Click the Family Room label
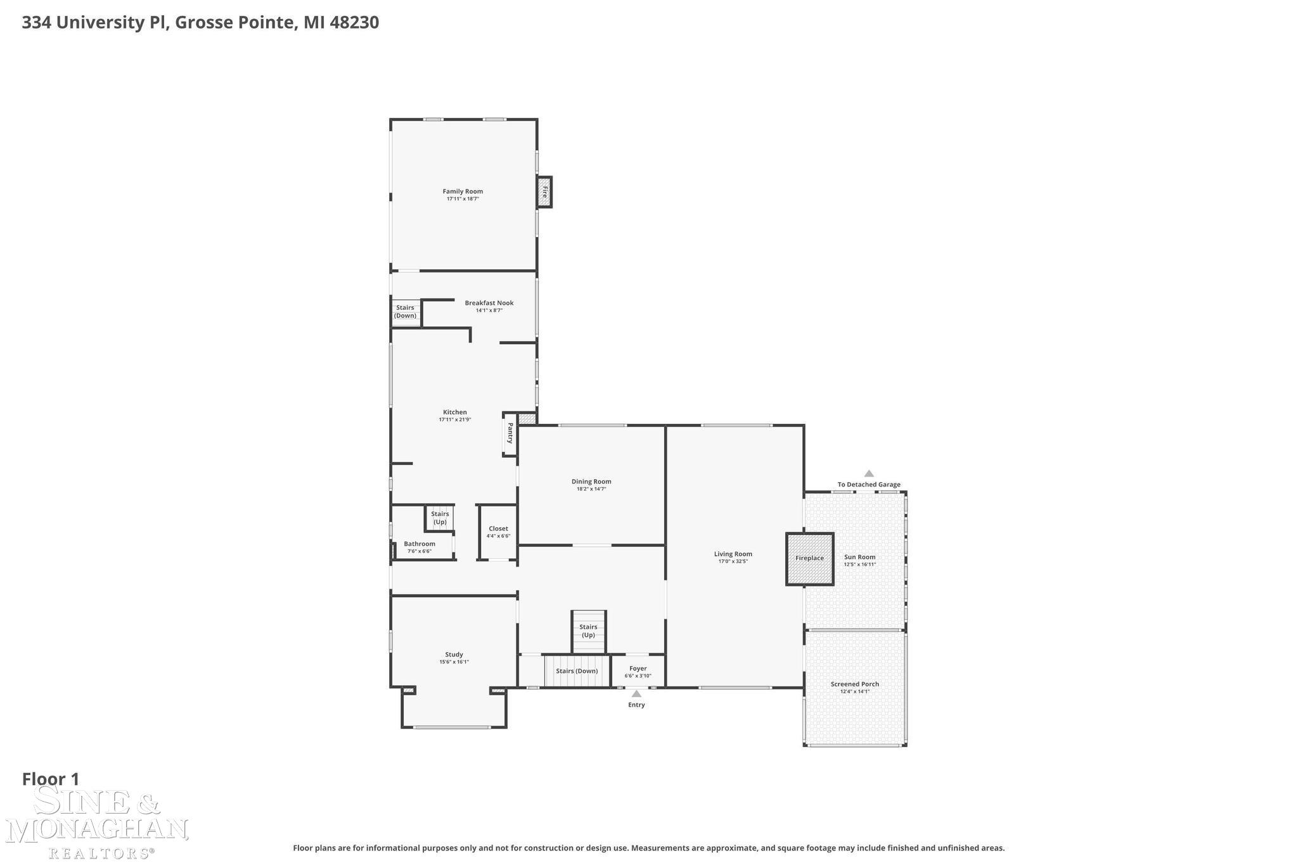point(463,191)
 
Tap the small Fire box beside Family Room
point(544,191)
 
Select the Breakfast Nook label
point(489,303)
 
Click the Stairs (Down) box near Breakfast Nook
point(406,312)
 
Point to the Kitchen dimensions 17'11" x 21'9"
point(455,420)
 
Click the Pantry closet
point(510,433)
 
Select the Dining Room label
point(591,482)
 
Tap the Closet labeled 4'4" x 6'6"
point(498,532)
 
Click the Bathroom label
point(420,544)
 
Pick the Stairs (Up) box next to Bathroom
point(440,518)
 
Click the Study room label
point(454,655)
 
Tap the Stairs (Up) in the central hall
point(588,631)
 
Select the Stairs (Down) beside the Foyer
point(576,671)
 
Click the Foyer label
point(638,669)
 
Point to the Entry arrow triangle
point(636,694)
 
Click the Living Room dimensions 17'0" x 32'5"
point(733,561)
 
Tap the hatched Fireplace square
point(809,558)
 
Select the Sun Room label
point(859,557)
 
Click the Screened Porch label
point(854,684)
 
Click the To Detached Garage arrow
point(869,473)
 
